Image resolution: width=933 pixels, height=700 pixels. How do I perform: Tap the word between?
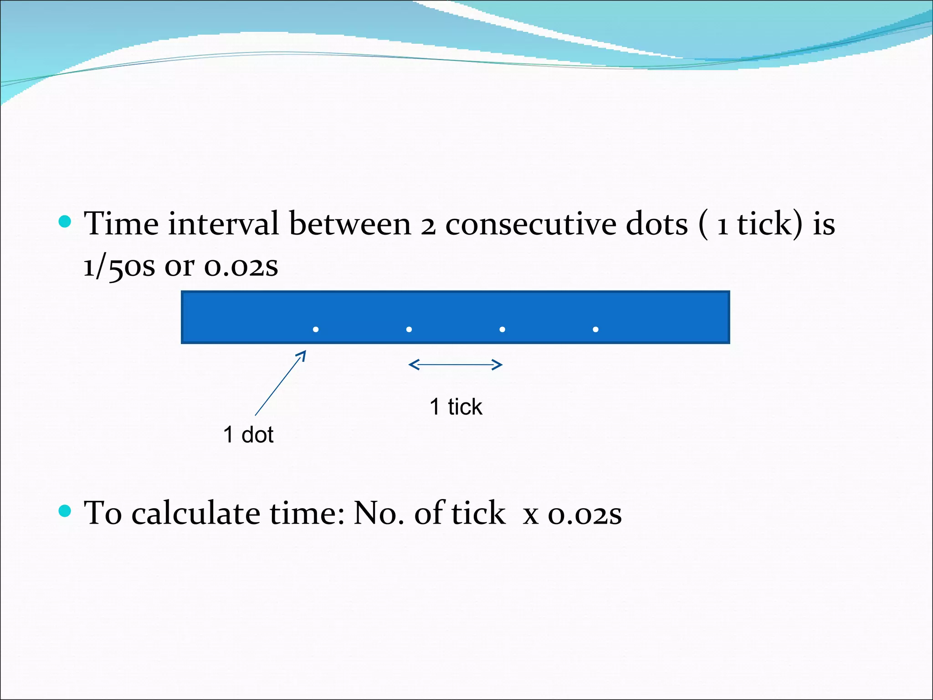tap(350, 224)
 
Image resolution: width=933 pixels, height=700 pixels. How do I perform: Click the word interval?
tap(223, 224)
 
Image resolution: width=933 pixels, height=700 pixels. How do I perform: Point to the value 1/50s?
tap(119, 267)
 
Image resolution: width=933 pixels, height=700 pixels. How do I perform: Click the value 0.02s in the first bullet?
tap(241, 267)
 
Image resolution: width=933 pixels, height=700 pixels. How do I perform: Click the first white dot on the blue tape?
tap(316, 329)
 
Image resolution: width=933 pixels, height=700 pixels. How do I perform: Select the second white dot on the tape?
tap(409, 329)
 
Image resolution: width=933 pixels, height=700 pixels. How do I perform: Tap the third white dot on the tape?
tap(502, 329)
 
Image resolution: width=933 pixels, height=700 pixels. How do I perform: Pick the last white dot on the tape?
tap(595, 329)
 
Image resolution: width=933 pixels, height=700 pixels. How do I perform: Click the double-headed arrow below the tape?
tap(456, 365)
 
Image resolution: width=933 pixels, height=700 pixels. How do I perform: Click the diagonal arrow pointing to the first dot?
tap(280, 383)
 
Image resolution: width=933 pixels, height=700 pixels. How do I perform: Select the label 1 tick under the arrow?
tap(456, 407)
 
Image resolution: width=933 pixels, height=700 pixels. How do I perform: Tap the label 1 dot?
tap(248, 435)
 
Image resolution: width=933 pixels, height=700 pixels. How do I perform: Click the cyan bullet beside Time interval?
tap(66, 221)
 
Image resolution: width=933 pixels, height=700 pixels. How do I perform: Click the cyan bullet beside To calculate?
tap(66, 511)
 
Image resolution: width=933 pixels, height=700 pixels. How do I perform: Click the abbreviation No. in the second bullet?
tap(379, 513)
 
